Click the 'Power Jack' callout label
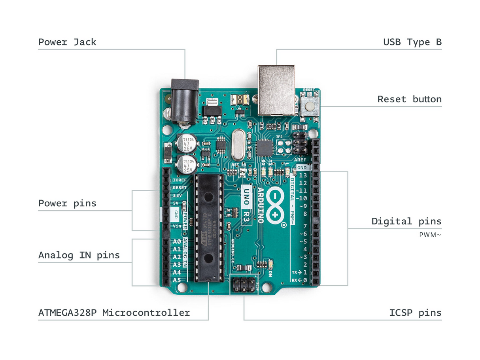(x=67, y=42)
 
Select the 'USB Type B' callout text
(x=412, y=42)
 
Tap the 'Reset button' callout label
(x=409, y=99)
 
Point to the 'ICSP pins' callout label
(x=415, y=313)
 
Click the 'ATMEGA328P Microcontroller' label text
(x=114, y=313)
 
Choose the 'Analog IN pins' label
(x=79, y=255)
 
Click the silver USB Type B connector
(x=276, y=90)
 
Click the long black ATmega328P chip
(x=209, y=227)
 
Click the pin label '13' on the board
(x=303, y=175)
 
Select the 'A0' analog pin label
(x=177, y=241)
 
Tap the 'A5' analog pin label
(x=177, y=280)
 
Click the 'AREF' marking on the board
(x=300, y=160)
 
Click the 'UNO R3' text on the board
(x=247, y=205)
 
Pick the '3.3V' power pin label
(x=177, y=196)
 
